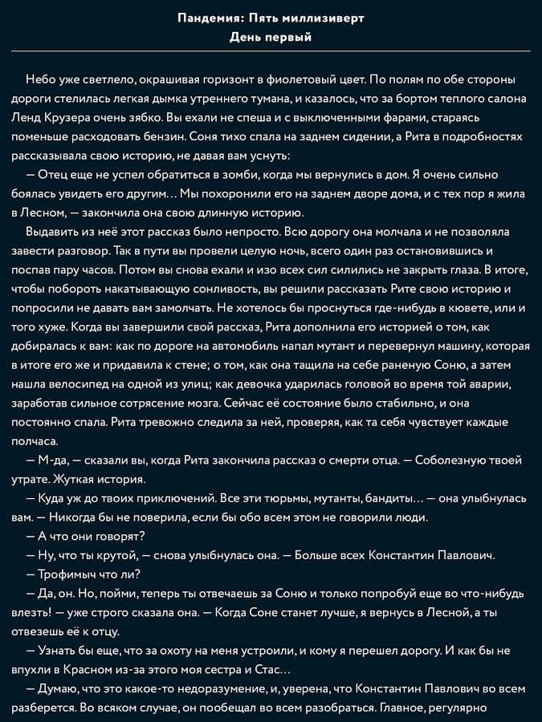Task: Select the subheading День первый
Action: [271, 37]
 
